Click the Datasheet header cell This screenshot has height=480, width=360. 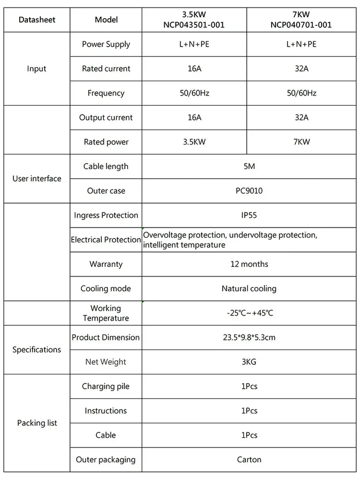pyautogui.click(x=37, y=20)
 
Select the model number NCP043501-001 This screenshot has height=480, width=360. pyautogui.click(x=194, y=25)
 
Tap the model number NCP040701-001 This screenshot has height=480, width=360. pyautogui.click(x=301, y=25)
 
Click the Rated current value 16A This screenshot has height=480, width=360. pyautogui.click(x=194, y=69)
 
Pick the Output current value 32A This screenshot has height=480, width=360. pyautogui.click(x=301, y=118)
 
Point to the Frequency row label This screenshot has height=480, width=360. pyautogui.click(x=106, y=93)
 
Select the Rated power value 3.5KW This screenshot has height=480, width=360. pyautogui.click(x=194, y=142)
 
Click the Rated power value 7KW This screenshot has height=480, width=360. pyautogui.click(x=301, y=142)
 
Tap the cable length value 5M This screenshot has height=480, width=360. pyautogui.click(x=249, y=166)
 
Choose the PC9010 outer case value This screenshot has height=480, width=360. pyautogui.click(x=249, y=191)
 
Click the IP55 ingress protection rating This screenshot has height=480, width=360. pyautogui.click(x=249, y=215)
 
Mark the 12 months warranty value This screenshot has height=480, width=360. pyautogui.click(x=249, y=264)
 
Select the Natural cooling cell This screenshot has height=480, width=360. pyautogui.click(x=249, y=289)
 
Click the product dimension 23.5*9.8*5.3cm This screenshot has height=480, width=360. pyautogui.click(x=249, y=337)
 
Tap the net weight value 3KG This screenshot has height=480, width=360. pyautogui.click(x=249, y=362)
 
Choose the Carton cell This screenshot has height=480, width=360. pyautogui.click(x=249, y=460)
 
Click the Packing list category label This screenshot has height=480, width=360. pyautogui.click(x=37, y=423)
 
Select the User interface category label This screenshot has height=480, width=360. pyautogui.click(x=37, y=179)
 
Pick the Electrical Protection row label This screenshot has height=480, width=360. pyautogui.click(x=106, y=240)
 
